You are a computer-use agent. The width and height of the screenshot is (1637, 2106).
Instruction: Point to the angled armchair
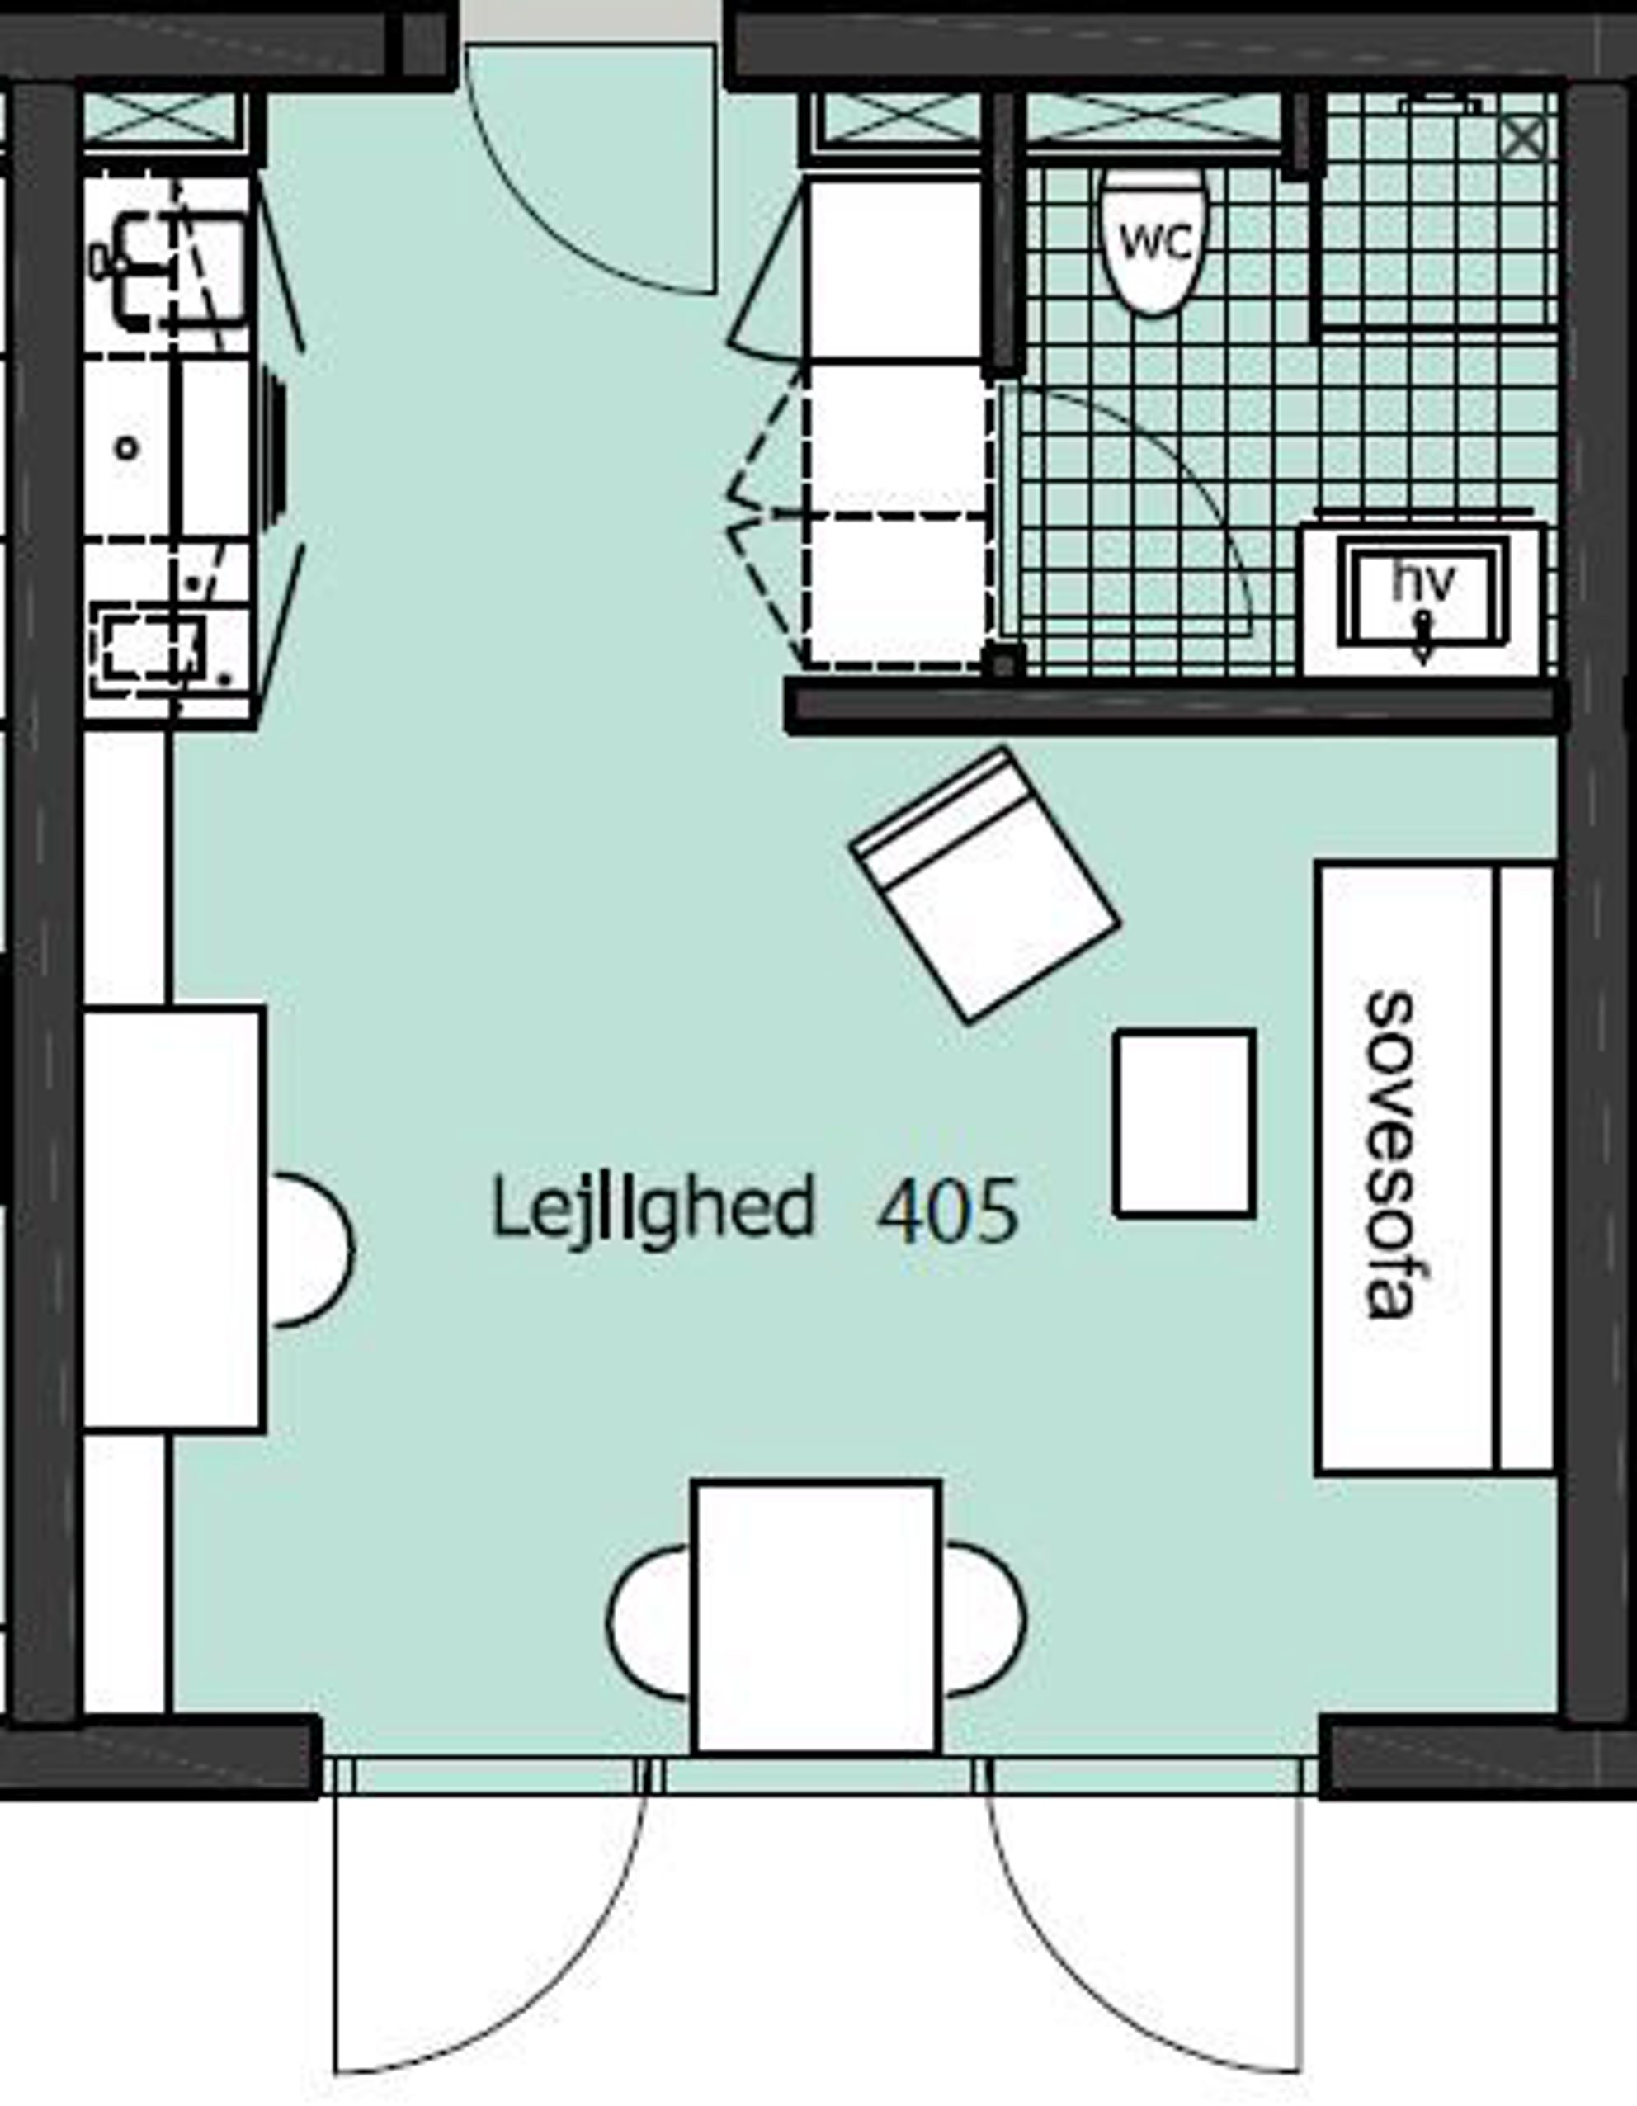tap(984, 885)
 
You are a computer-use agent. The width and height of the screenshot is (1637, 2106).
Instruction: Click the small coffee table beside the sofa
tap(1185, 1123)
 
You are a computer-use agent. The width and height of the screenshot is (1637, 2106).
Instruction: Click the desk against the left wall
tap(172, 1219)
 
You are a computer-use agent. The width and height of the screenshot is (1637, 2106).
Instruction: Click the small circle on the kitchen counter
tap(127, 447)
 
